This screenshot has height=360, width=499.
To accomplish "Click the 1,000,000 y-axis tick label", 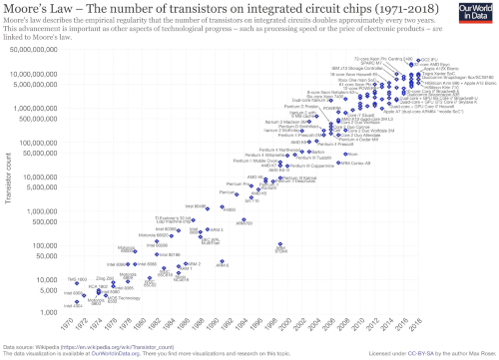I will (41, 211).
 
